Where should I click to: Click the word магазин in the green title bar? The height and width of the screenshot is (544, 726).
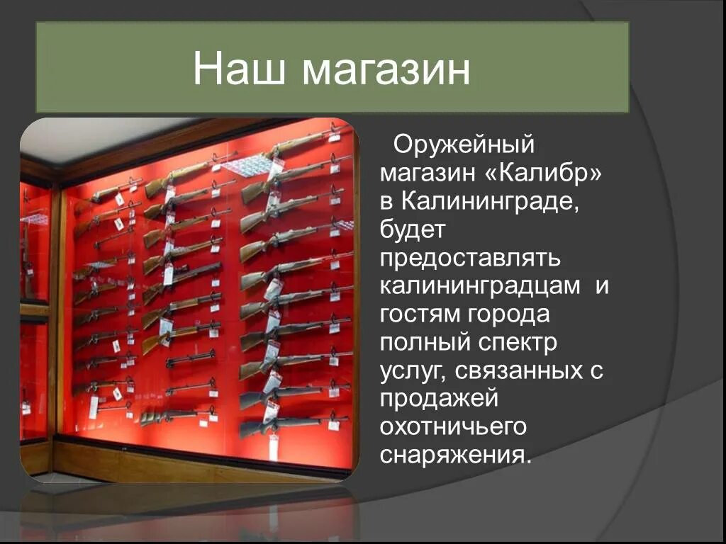coord(384,71)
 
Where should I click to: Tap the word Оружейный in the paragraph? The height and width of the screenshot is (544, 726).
coord(463,145)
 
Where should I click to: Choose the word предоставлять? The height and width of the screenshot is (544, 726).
coord(470,259)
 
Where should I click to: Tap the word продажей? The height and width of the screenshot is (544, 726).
coord(440,399)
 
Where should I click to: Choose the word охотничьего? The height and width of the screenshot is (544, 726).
coord(453,427)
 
